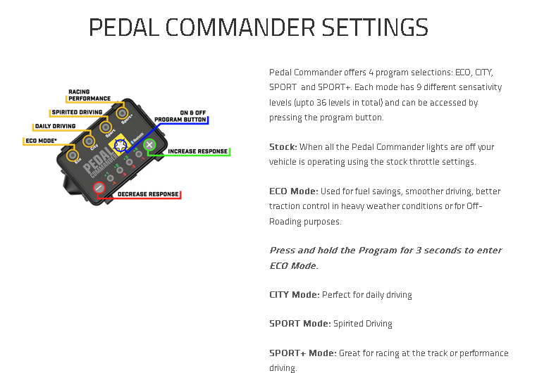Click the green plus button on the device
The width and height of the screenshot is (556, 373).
[x=149, y=144]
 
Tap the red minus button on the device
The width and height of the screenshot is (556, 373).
[x=99, y=188]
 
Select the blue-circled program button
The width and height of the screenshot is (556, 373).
[x=121, y=145]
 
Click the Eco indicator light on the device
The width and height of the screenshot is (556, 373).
[x=73, y=155]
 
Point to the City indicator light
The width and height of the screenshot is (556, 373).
[x=88, y=141]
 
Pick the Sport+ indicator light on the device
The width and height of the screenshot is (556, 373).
[x=122, y=113]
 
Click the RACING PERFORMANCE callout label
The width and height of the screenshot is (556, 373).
[x=89, y=95]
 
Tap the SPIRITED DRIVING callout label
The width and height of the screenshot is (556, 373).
[x=77, y=113]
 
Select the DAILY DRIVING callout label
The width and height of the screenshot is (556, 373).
[x=55, y=126]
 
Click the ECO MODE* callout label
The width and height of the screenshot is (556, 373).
[x=41, y=141]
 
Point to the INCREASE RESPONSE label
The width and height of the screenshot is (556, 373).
[x=197, y=151]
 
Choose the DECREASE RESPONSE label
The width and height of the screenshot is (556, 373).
[x=148, y=194]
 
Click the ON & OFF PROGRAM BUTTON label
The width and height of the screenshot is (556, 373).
[x=180, y=116]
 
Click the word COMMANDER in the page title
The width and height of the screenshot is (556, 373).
[x=240, y=27]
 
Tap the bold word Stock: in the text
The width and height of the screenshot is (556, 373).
[x=283, y=146]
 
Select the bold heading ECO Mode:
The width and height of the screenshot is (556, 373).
[x=294, y=191]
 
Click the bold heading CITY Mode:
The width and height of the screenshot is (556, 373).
[x=295, y=295]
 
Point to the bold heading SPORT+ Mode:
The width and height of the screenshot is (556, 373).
[x=303, y=353]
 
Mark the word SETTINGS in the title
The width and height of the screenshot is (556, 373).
[x=375, y=27]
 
